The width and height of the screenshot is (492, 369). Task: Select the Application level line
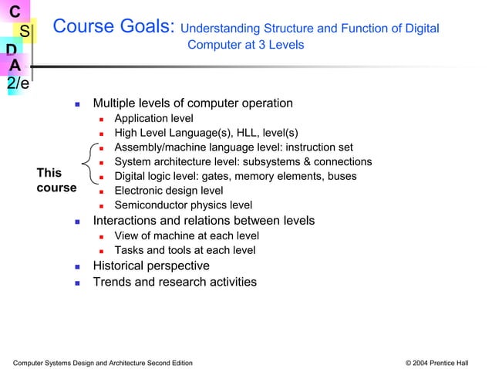(153, 119)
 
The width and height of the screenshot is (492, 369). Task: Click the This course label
(56, 181)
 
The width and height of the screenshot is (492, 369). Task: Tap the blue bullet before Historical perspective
(77, 266)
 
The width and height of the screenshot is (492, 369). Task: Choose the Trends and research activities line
(174, 282)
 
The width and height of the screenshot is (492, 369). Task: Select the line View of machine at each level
(186, 235)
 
